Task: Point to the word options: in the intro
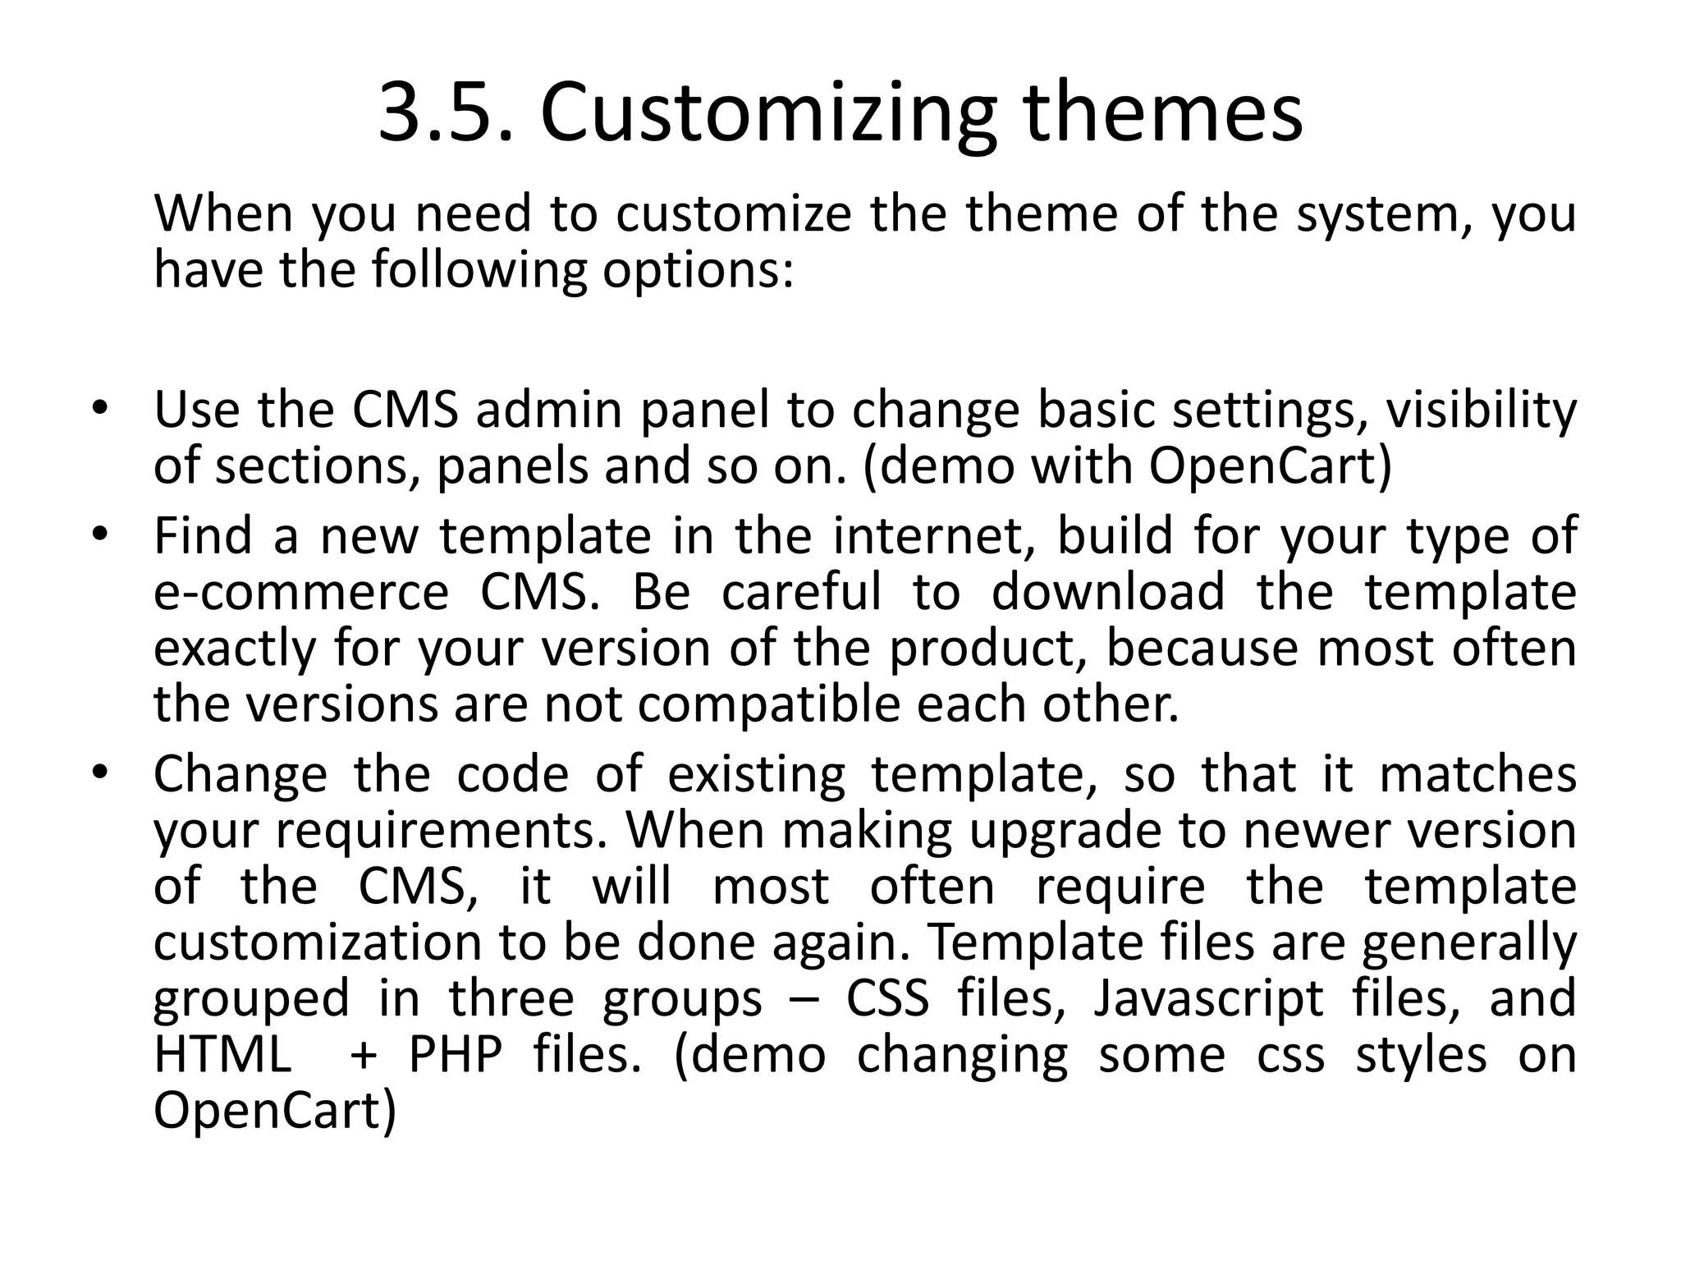(699, 271)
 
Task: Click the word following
(479, 271)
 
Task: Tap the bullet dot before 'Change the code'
(100, 774)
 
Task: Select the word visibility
(1481, 410)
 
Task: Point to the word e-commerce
(301, 593)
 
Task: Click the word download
(1108, 593)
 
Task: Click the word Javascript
(1207, 999)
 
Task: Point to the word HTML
(222, 1055)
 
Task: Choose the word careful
(801, 593)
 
